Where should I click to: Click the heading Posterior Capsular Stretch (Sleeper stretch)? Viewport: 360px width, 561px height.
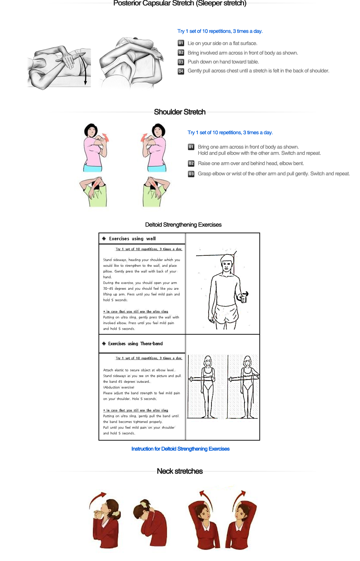point(180,4)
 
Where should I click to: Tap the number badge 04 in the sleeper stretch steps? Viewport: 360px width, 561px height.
point(181,71)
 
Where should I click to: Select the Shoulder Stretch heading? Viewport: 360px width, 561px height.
point(180,112)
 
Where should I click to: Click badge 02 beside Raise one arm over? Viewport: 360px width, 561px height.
point(191,164)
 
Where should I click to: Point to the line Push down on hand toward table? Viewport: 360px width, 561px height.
point(223,62)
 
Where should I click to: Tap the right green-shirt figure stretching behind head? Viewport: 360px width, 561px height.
point(156,193)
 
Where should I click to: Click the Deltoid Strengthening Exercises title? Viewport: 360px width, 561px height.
point(183,225)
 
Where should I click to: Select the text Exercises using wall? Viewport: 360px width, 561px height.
point(132,239)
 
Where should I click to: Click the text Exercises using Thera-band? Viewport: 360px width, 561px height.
point(135,344)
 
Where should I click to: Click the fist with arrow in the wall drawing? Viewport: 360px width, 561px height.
point(244,297)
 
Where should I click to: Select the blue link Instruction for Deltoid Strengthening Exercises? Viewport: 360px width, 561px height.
point(180,449)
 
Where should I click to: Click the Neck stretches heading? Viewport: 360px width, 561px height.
point(180,471)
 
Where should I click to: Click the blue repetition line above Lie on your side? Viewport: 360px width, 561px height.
point(220,31)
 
